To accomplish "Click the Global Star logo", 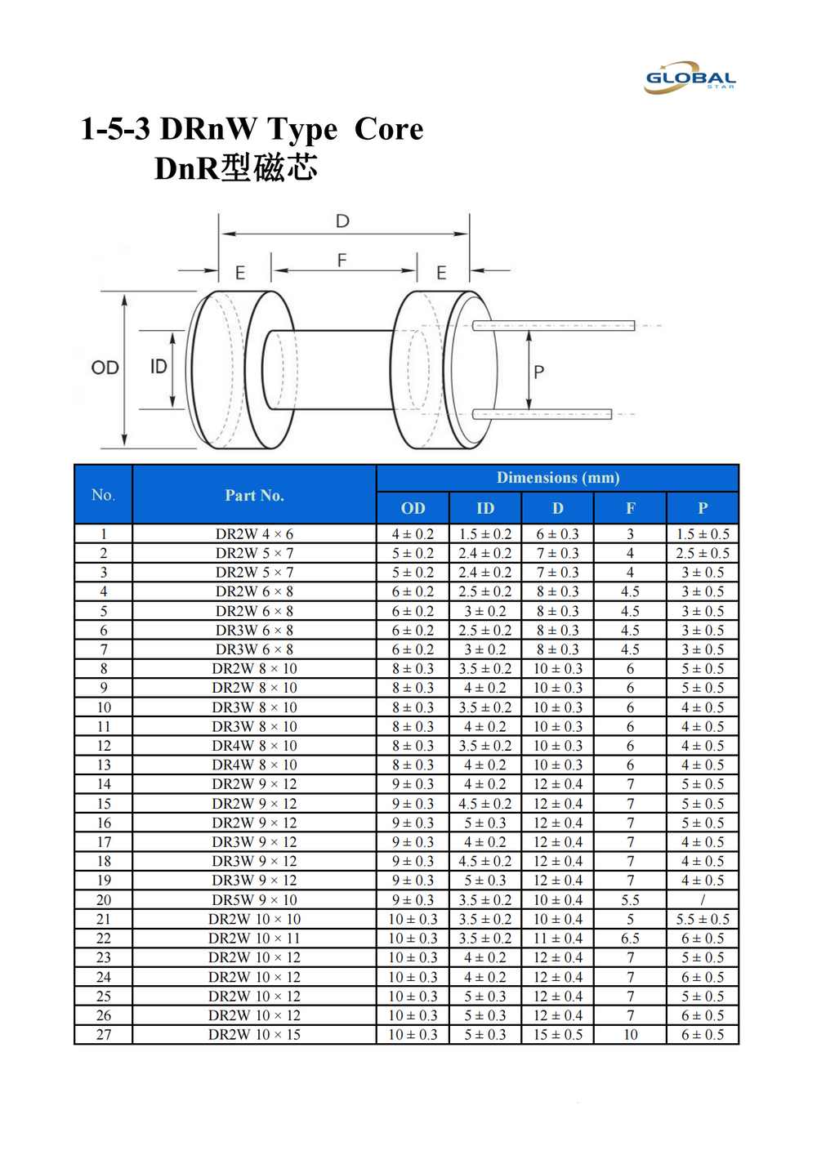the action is (690, 78).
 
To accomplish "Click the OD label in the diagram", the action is (105, 368).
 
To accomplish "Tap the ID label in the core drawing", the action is (158, 367).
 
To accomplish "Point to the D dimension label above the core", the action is (342, 221).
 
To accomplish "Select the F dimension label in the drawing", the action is (342, 261).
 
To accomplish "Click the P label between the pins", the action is (538, 372).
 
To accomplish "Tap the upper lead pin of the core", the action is (553, 326).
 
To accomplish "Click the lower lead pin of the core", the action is (542, 414).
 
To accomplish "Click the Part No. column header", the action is (254, 496).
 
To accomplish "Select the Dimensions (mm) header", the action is (557, 478).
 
